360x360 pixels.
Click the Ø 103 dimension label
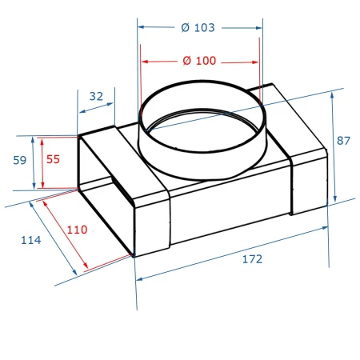(198, 28)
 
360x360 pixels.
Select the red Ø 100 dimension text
(199, 61)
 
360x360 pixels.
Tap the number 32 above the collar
(96, 96)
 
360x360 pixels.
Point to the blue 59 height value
(20, 160)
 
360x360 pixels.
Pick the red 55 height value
(53, 159)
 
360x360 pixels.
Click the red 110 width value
(77, 230)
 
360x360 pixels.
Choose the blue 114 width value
(31, 240)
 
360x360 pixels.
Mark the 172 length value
(252, 259)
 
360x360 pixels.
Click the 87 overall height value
(343, 141)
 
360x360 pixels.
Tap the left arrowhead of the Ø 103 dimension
(141, 27)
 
